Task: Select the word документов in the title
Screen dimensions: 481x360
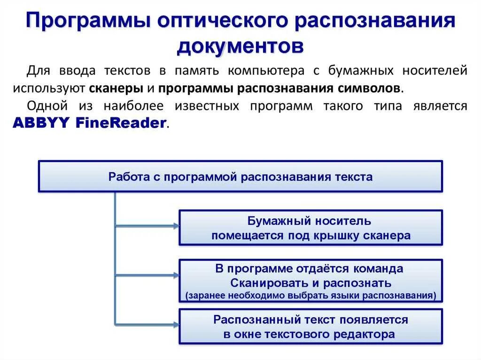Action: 240,46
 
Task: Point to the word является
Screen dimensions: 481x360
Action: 440,106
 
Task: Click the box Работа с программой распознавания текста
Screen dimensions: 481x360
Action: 240,176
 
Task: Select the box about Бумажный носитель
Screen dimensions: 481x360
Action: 310,228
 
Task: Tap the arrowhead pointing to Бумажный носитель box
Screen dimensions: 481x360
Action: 176,226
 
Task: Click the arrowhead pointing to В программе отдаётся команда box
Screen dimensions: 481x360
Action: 176,275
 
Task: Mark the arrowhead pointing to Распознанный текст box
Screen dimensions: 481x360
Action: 176,324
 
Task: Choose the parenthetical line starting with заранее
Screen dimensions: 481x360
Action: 310,296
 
